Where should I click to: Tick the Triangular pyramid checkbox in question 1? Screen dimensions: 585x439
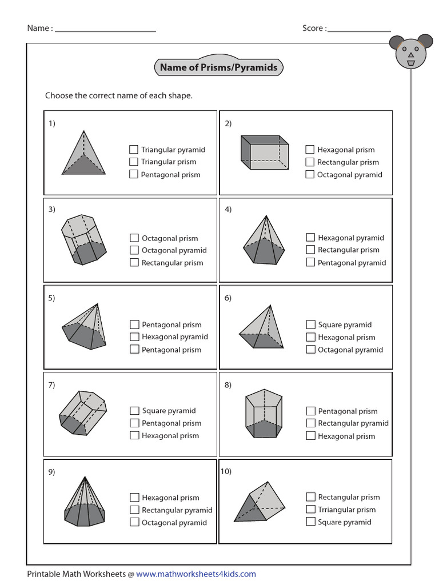pos(134,150)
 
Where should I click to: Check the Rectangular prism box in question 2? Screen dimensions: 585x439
pos(310,162)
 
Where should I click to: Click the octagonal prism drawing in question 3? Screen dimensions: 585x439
pos(83,239)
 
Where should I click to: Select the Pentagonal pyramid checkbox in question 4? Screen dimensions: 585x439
pos(310,263)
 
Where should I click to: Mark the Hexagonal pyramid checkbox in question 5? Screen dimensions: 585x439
pos(134,337)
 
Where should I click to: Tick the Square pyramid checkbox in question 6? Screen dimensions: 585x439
pos(310,324)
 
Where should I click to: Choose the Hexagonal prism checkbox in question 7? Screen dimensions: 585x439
pos(134,435)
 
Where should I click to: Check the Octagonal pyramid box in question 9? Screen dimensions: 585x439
pos(134,522)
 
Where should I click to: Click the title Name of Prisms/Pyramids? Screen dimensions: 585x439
pos(218,67)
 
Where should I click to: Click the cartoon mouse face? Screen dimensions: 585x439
pos(410,51)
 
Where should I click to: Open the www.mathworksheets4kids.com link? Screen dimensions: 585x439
pos(196,574)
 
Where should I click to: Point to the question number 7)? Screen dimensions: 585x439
pos(51,384)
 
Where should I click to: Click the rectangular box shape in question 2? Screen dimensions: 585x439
pos(264,152)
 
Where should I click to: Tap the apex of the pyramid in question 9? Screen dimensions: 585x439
pos(85,477)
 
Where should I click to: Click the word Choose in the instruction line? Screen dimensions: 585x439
pos(58,95)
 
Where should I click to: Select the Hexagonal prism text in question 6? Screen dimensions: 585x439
pos(346,337)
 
